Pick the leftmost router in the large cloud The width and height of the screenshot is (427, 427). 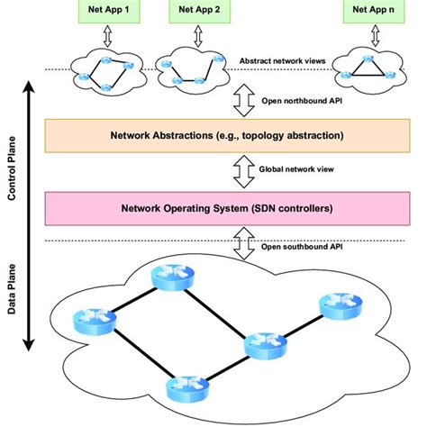click(x=95, y=318)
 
